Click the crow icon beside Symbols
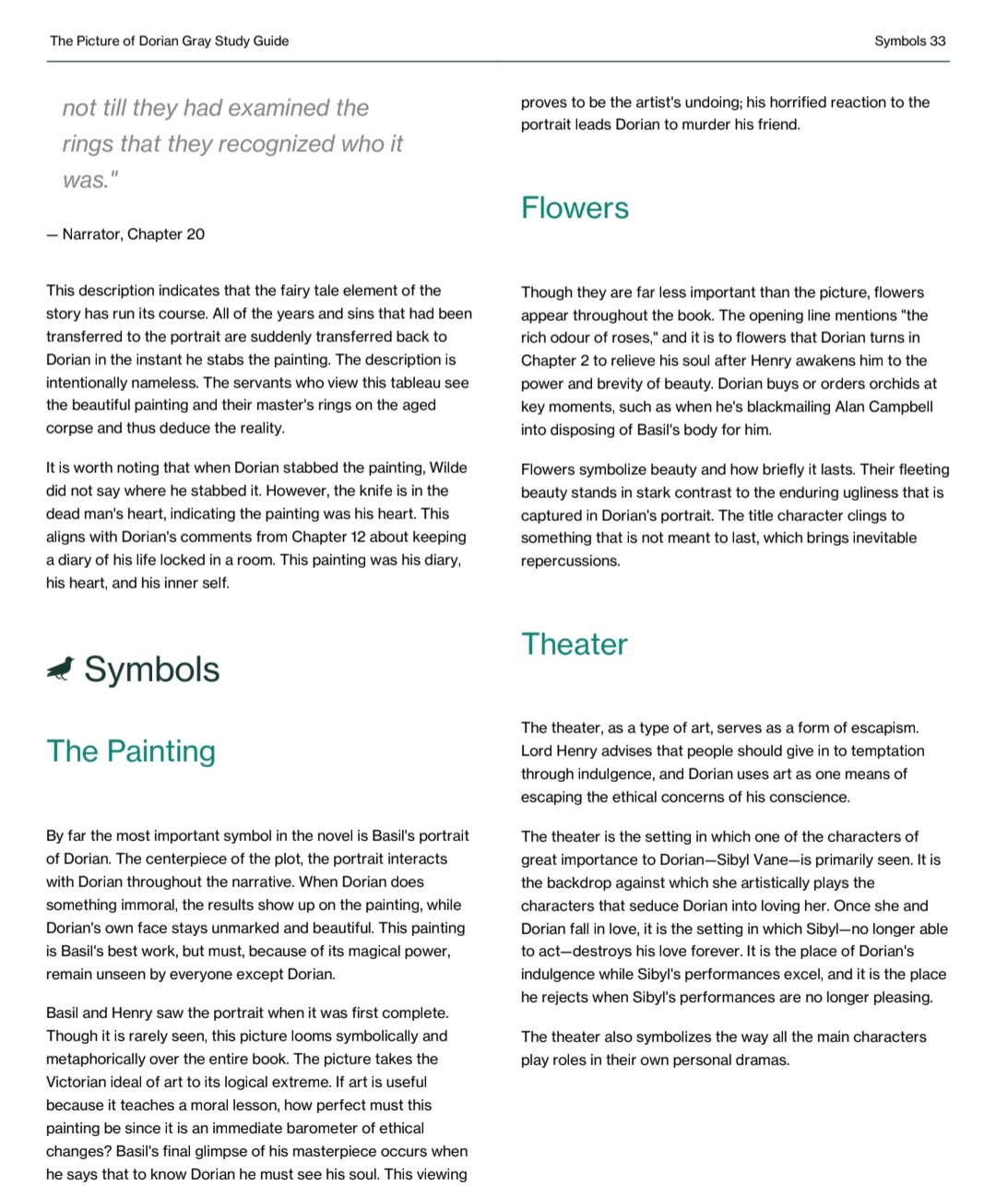pos(60,670)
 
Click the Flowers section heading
pos(575,208)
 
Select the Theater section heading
pos(575,644)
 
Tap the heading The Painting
pos(131,751)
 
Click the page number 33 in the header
pos(937,41)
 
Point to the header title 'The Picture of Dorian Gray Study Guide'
pos(170,41)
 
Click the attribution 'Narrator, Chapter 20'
pos(133,234)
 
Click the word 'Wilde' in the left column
pos(448,468)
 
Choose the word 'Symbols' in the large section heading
pos(152,670)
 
